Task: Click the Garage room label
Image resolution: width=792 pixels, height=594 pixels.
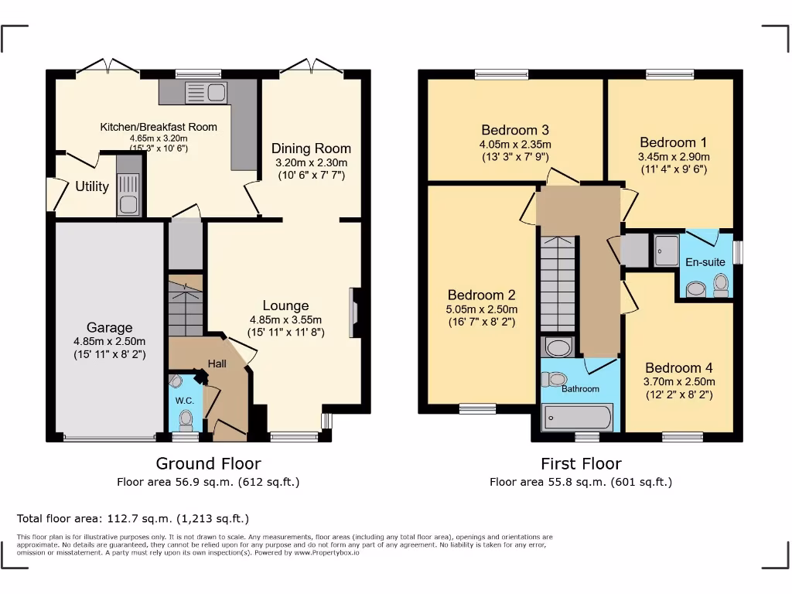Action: pyautogui.click(x=109, y=328)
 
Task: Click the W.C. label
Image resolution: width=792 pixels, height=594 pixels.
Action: pyautogui.click(x=184, y=401)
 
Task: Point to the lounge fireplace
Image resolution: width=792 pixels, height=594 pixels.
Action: pyautogui.click(x=355, y=313)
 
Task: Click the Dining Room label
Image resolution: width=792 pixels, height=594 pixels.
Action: pyautogui.click(x=311, y=148)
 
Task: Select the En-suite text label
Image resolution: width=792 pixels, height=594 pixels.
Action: pyautogui.click(x=705, y=262)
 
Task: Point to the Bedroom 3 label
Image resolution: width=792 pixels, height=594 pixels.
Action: pyautogui.click(x=514, y=130)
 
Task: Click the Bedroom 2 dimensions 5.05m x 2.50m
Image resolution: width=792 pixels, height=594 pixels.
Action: pyautogui.click(x=481, y=309)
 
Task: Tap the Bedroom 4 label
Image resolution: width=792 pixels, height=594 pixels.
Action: pyautogui.click(x=678, y=368)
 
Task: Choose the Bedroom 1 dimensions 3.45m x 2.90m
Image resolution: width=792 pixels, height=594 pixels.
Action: pyautogui.click(x=673, y=156)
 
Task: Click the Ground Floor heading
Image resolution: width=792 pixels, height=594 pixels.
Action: pyautogui.click(x=208, y=463)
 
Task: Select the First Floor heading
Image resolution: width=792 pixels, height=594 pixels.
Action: pyautogui.click(x=580, y=463)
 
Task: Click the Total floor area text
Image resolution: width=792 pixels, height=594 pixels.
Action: pyautogui.click(x=133, y=518)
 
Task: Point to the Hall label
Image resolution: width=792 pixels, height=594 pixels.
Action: pyautogui.click(x=217, y=363)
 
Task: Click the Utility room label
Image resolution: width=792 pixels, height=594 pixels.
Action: pyautogui.click(x=91, y=186)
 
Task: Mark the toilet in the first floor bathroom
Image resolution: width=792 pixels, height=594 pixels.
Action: pyautogui.click(x=554, y=379)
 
